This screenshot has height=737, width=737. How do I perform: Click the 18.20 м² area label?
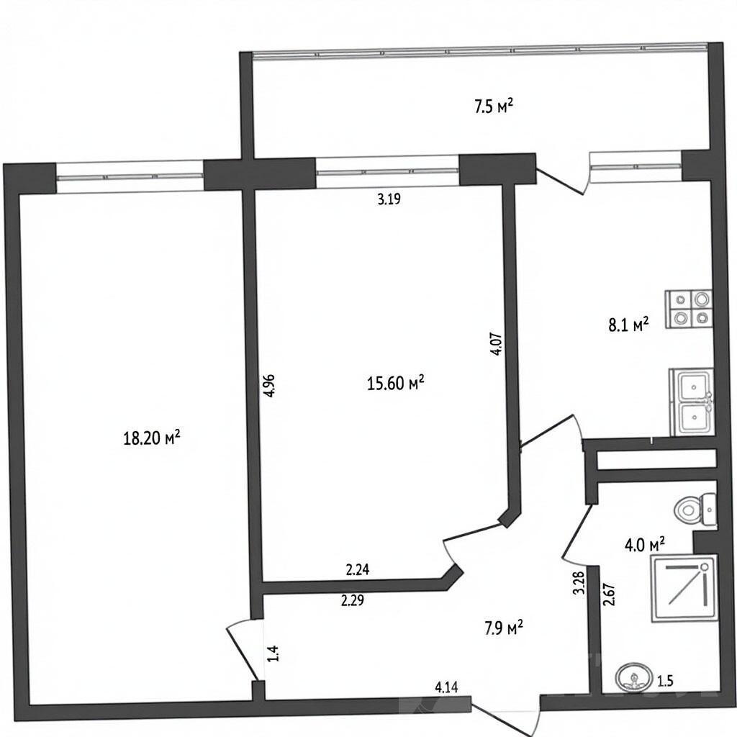(x=151, y=438)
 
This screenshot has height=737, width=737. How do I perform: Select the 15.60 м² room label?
(x=396, y=383)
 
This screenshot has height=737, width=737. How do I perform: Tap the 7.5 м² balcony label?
(x=493, y=107)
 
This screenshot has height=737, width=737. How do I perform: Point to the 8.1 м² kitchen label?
(x=629, y=325)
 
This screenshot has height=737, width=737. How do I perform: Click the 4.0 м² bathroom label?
(x=644, y=546)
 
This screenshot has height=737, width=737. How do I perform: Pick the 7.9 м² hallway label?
(x=504, y=628)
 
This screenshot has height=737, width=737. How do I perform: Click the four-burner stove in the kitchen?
(x=689, y=309)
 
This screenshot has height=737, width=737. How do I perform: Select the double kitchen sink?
(x=691, y=402)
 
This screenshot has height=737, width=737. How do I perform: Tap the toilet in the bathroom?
(x=696, y=510)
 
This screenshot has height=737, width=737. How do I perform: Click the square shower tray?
(x=684, y=589)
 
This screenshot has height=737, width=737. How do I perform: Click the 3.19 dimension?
(x=389, y=199)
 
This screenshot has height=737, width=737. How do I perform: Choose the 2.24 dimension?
(x=358, y=570)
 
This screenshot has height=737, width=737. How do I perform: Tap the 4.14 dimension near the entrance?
(x=446, y=688)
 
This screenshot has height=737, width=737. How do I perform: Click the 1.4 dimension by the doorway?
(x=275, y=654)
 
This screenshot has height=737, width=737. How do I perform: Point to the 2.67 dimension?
(x=610, y=594)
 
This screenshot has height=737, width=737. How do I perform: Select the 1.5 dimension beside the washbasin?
(x=666, y=680)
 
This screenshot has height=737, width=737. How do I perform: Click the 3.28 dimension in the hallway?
(x=579, y=583)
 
